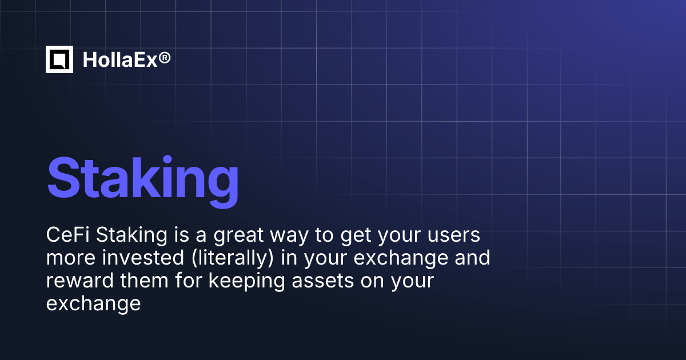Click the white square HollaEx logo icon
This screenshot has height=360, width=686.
[x=59, y=59]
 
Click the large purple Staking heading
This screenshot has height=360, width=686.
[x=143, y=177]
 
